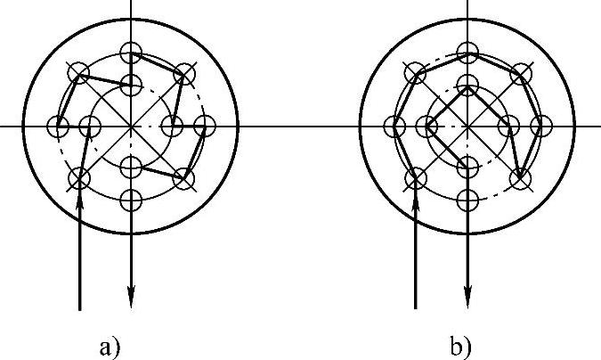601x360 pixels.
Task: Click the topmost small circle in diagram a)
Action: pyautogui.click(x=132, y=52)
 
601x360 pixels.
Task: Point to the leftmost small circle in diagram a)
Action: pyautogui.click(x=59, y=127)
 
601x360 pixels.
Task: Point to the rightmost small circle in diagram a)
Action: pyautogui.click(x=205, y=127)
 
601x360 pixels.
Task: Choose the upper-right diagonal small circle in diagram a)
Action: pyautogui.click(x=184, y=74)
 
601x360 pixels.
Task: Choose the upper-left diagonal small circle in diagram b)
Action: pyautogui.click(x=416, y=74)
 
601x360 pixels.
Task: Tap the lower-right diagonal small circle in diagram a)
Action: pyautogui.click(x=184, y=178)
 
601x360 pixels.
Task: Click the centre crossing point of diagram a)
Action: pyautogui.click(x=132, y=127)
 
